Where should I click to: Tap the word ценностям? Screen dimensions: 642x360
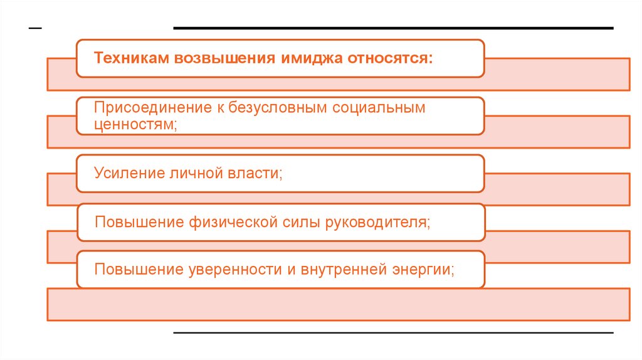[135, 124]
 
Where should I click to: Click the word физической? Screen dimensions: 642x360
[226, 222]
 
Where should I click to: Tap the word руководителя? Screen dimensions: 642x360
[378, 222]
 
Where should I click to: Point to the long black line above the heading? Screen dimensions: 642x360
[393, 28]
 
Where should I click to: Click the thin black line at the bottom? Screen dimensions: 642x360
[393, 332]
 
